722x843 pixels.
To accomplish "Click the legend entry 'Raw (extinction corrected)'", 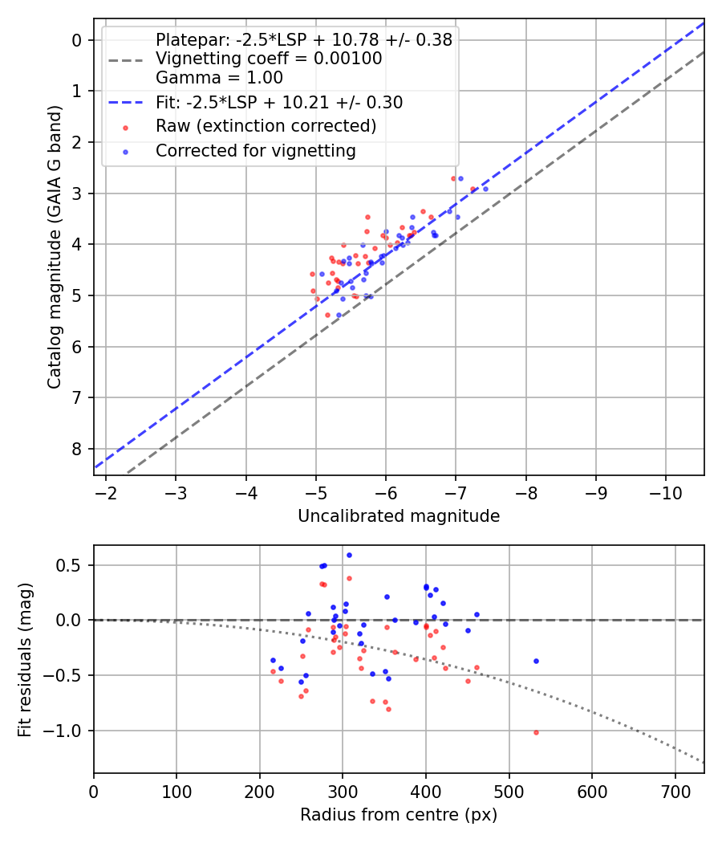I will pyautogui.click(x=266, y=126).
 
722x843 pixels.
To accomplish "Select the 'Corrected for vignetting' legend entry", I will pyautogui.click(x=255, y=150).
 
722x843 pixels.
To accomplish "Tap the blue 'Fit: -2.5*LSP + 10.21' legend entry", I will pyautogui.click(x=278, y=103).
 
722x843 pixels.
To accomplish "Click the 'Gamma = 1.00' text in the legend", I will pyautogui.click(x=219, y=79).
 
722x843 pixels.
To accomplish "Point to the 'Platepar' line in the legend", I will pyautogui.click(x=303, y=39).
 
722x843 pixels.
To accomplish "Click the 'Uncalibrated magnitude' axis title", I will pyautogui.click(x=399, y=516).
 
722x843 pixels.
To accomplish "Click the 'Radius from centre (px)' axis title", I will pyautogui.click(x=399, y=815).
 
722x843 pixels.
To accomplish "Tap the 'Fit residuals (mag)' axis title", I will pyautogui.click(x=26, y=658).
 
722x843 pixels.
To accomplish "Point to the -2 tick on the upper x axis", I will pyautogui.click(x=106, y=491).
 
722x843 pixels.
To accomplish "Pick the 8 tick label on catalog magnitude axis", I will pyautogui.click(x=78, y=449).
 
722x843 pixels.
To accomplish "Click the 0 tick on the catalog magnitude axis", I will pyautogui.click(x=78, y=40).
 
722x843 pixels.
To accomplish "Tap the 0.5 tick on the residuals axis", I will pyautogui.click(x=72, y=565).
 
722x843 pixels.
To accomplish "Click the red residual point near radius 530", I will pyautogui.click(x=536, y=732).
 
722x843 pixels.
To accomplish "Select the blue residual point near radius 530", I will pyautogui.click(x=536, y=661).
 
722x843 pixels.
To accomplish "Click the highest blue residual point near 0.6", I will pyautogui.click(x=349, y=555).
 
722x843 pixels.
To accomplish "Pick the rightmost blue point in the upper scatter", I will pyautogui.click(x=485, y=189).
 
